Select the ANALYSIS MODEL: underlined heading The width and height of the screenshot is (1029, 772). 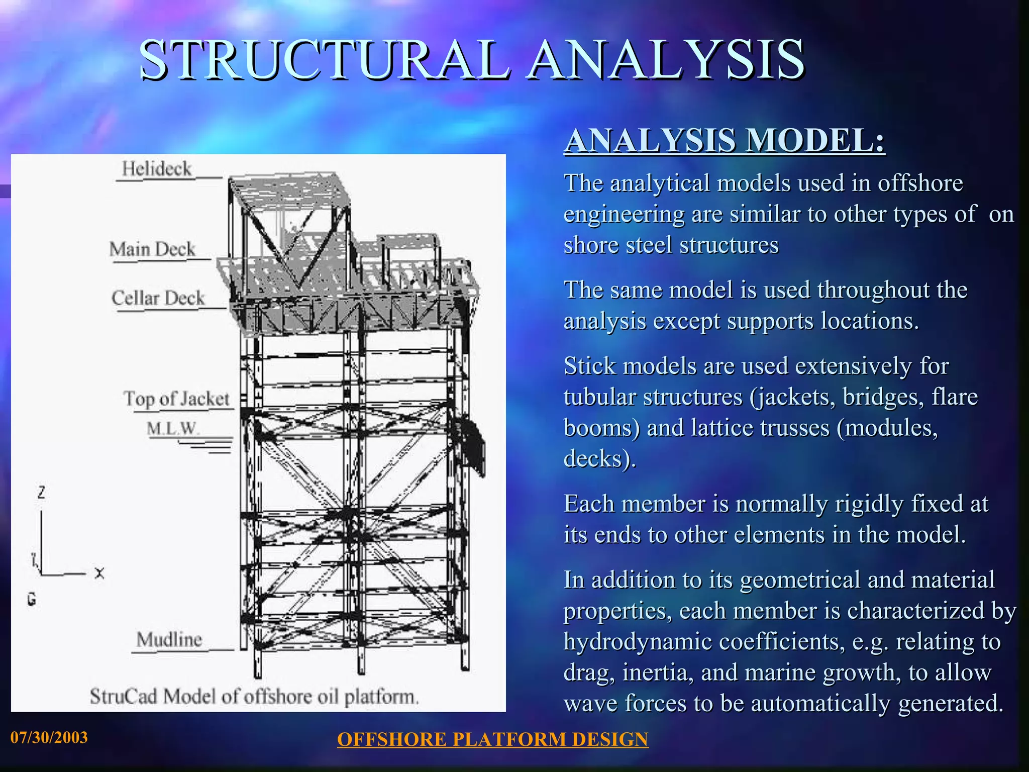pyautogui.click(x=724, y=141)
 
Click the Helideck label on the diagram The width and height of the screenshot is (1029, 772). pyautogui.click(x=157, y=169)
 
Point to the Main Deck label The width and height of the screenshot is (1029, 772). pyautogui.click(x=152, y=249)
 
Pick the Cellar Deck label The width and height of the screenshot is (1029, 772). pyautogui.click(x=158, y=298)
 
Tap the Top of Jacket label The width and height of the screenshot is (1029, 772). pyautogui.click(x=176, y=399)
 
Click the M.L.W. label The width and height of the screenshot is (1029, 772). pyautogui.click(x=172, y=429)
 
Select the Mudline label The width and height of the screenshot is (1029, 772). pyautogui.click(x=169, y=640)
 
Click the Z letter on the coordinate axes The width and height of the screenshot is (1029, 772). pyautogui.click(x=41, y=493)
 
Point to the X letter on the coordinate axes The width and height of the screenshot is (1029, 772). pyautogui.click(x=99, y=573)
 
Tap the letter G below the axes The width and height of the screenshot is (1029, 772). pyautogui.click(x=32, y=599)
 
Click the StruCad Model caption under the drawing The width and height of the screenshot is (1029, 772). pyautogui.click(x=254, y=697)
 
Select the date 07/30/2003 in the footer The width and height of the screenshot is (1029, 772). pyautogui.click(x=49, y=737)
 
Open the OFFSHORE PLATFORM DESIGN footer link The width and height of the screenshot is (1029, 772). pyautogui.click(x=492, y=739)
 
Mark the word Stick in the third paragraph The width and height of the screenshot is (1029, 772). pyautogui.click(x=589, y=366)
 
